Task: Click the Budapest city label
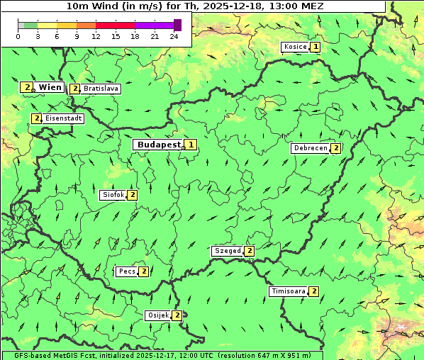pyautogui.click(x=159, y=145)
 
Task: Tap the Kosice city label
pyautogui.click(x=294, y=47)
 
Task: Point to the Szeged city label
pyautogui.click(x=227, y=251)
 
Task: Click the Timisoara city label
pyautogui.click(x=288, y=291)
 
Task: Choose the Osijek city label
pyautogui.click(x=157, y=315)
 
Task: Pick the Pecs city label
pyautogui.click(x=127, y=271)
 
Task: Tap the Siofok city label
pyautogui.click(x=113, y=195)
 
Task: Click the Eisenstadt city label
pyautogui.click(x=64, y=118)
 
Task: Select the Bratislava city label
pyautogui.click(x=100, y=89)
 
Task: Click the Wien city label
pyautogui.click(x=50, y=87)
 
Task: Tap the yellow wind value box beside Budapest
pyautogui.click(x=191, y=145)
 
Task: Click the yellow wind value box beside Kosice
pyautogui.click(x=315, y=47)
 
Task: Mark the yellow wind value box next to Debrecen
pyautogui.click(x=336, y=148)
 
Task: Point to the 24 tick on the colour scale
pyautogui.click(x=174, y=36)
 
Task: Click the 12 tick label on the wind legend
pyautogui.click(x=96, y=36)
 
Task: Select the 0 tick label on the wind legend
pyautogui.click(x=18, y=36)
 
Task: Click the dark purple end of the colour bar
pyautogui.click(x=177, y=25)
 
